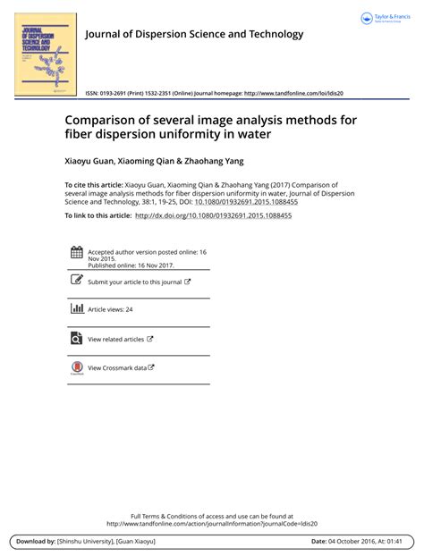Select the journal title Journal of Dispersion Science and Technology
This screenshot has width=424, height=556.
tap(194, 35)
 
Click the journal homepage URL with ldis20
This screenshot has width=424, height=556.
tap(293, 93)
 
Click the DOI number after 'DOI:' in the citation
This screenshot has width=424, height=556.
tap(246, 202)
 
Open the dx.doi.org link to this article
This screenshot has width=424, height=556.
tap(213, 216)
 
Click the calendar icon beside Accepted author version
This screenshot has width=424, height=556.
tap(75, 253)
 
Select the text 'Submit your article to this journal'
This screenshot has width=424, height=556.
tap(134, 282)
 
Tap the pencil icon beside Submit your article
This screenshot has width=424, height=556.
tap(75, 281)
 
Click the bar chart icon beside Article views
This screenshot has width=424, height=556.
tap(75, 308)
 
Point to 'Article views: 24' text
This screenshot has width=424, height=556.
tap(110, 309)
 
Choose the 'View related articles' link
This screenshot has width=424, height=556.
tap(115, 339)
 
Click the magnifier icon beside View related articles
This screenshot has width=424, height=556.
tap(75, 338)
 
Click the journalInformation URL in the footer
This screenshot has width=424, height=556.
tap(211, 524)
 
